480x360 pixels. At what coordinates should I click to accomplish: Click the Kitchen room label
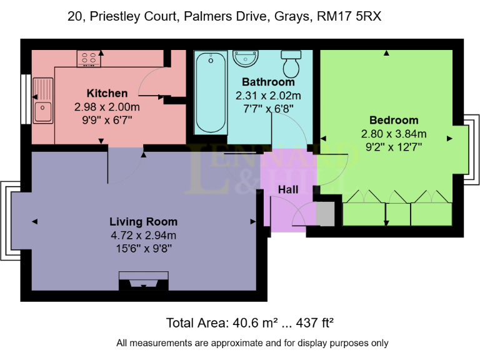click(x=107, y=93)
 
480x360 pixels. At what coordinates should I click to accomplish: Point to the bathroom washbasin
click(x=246, y=58)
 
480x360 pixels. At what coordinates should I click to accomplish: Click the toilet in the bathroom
click(x=291, y=62)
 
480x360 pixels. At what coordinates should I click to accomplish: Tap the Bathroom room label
click(x=268, y=82)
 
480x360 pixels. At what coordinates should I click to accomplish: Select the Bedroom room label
click(x=394, y=120)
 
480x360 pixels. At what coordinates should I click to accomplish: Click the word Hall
click(x=288, y=189)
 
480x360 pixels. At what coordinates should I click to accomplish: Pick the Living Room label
click(x=143, y=221)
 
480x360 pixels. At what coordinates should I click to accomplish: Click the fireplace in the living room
click(x=143, y=281)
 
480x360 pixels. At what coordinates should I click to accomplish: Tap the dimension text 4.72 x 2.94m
click(x=143, y=235)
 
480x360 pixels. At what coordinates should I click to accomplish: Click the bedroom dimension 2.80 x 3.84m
click(x=394, y=134)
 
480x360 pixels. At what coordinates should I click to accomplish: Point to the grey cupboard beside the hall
click(x=326, y=214)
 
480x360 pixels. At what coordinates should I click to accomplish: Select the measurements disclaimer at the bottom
click(x=252, y=343)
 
